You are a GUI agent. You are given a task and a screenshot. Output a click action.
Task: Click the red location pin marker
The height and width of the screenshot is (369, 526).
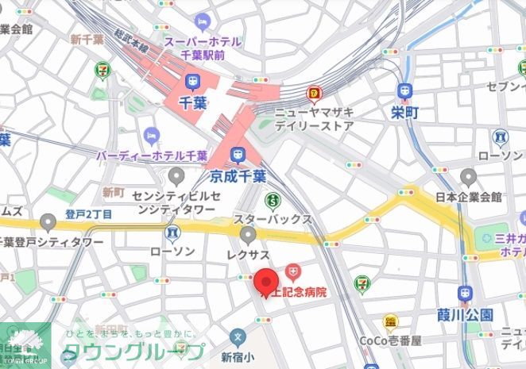coord(265,282)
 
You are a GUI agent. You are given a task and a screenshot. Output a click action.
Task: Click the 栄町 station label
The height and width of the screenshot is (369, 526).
coord(405,113)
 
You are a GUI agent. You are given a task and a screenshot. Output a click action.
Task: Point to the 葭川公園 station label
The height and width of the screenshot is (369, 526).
coord(465,314)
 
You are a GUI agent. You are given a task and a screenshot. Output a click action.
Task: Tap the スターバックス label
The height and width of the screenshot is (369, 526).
coord(273,217)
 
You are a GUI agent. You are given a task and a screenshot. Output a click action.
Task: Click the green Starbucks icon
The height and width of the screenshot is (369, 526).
coord(273,199)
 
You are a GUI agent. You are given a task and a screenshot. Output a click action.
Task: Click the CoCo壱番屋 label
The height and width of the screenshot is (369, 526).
coord(389,340)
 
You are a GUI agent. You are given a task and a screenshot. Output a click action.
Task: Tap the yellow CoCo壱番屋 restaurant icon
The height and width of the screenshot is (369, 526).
coord(389,321)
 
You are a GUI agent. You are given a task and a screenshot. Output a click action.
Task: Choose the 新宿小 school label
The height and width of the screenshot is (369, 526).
coord(236,356)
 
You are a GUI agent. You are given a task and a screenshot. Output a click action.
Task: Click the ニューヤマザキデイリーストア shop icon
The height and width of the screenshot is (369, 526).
coord(315,94)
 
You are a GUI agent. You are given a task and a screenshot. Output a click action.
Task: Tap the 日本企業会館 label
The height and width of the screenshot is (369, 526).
coord(469,197)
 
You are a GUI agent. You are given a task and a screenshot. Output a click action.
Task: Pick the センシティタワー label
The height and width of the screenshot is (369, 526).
coord(174,202)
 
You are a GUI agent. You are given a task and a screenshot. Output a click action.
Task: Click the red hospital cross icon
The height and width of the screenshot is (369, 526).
coord(293,274)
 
